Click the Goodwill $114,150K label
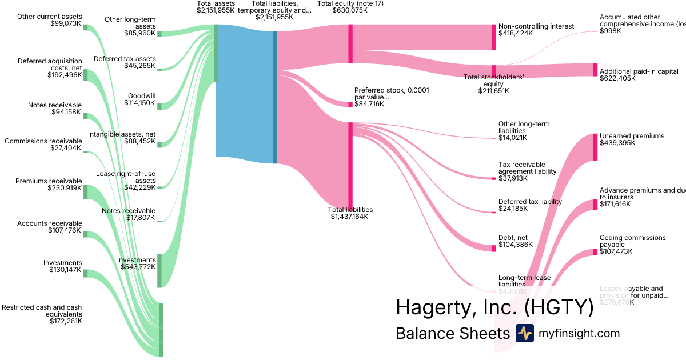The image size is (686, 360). coord(139,99)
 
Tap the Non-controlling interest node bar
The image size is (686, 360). coord(494,37)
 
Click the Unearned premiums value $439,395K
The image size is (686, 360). coord(617,143)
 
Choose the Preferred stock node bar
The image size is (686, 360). coord(350,105)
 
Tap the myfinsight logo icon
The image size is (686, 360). coord(524,333)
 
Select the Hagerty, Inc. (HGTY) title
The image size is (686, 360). coord(494,308)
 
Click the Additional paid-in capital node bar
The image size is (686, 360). coord(595,70)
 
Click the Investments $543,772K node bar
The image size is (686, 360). coord(159,270)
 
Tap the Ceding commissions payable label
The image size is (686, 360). coord(633,241)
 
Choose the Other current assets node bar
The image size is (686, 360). coord(86,27)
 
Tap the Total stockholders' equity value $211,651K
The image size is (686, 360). coord(493,91)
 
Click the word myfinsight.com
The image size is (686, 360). coord(579,333)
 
